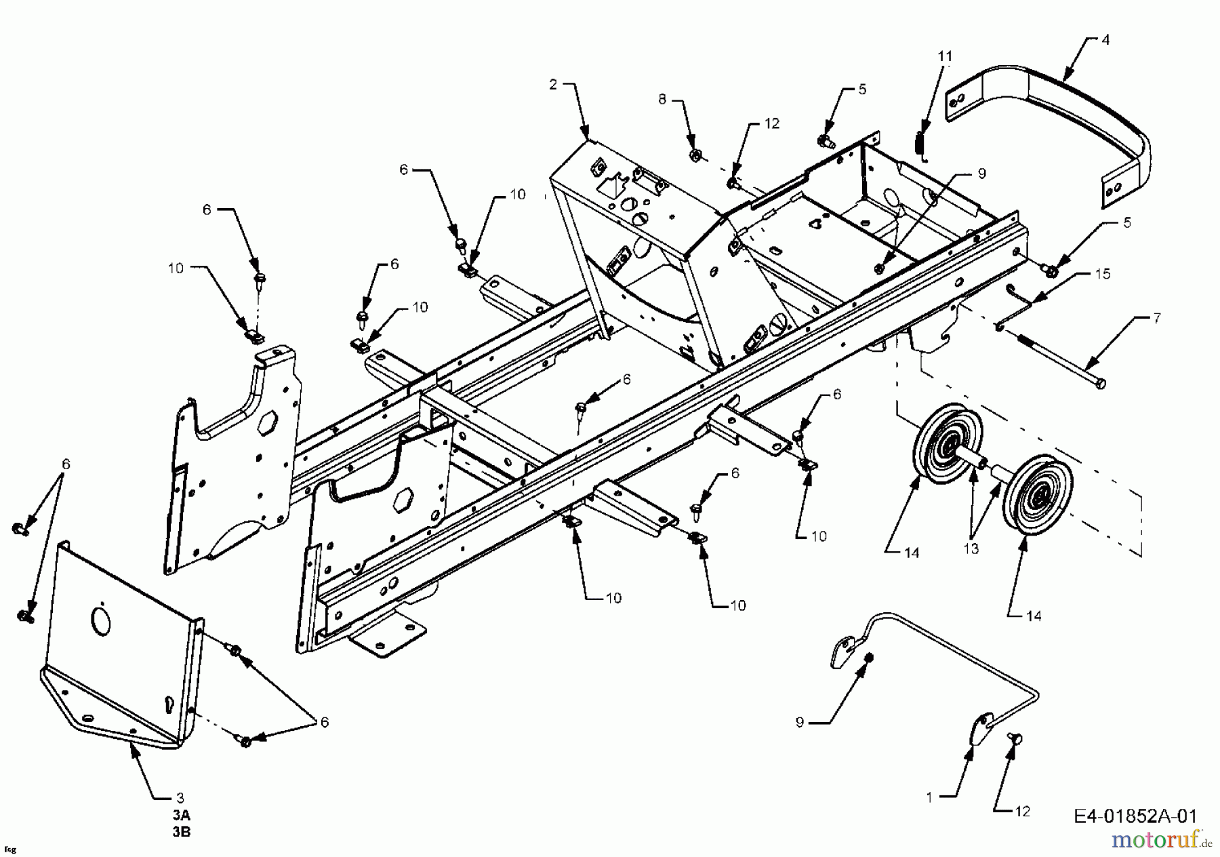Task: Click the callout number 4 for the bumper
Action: coord(1105,40)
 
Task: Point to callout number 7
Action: coord(1157,317)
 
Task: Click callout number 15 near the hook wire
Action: coord(1103,274)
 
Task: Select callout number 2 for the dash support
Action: coord(553,84)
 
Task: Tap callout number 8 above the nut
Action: coord(662,100)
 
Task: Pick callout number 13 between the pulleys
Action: coord(971,549)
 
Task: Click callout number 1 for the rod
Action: coord(929,798)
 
